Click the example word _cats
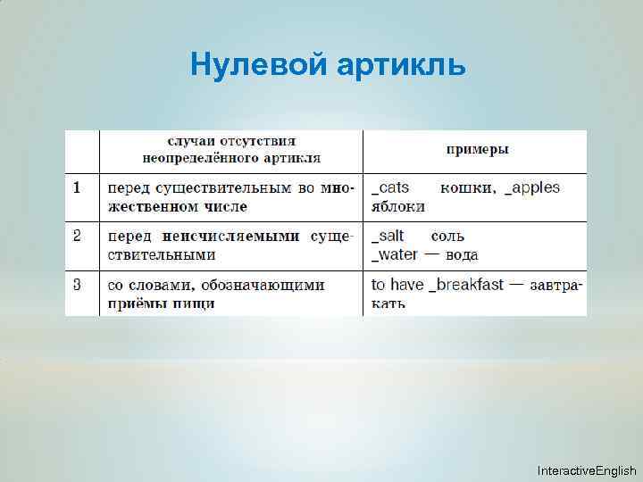point(390,187)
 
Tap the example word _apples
point(532,187)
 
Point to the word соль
point(447,237)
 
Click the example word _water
point(395,254)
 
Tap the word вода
point(461,255)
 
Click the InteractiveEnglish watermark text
point(587,470)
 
